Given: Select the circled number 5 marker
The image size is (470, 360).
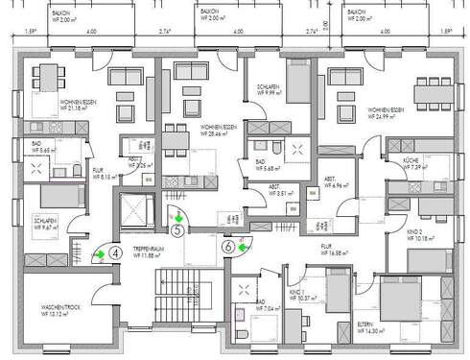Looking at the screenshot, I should click(x=177, y=230).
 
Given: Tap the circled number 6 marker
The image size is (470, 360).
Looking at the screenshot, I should click(x=228, y=246).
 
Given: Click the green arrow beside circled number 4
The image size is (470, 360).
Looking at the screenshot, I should click(x=99, y=254).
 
